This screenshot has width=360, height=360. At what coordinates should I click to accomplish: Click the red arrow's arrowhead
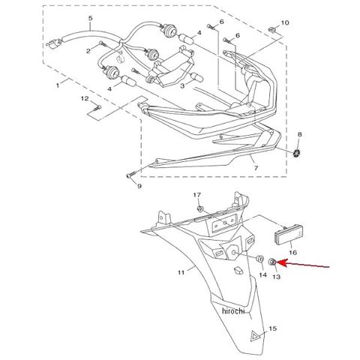pyautogui.click(x=281, y=263)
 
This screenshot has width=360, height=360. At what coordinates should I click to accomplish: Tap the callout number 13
pyautogui.click(x=276, y=277)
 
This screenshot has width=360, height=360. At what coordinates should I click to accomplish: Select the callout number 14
pyautogui.click(x=262, y=275)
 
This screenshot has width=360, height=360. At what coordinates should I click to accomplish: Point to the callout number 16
pyautogui.click(x=292, y=253)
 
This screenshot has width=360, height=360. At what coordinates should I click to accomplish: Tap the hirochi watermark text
pyautogui.click(x=233, y=310)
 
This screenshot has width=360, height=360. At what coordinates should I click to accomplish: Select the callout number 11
pyautogui.click(x=181, y=272)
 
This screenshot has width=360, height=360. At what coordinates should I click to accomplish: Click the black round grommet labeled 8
pyautogui.click(x=297, y=153)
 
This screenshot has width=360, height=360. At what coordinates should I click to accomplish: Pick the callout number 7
pyautogui.click(x=256, y=168)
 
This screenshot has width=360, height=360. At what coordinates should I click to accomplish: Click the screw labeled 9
pyautogui.click(x=130, y=174)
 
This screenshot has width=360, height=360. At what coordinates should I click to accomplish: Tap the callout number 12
pyautogui.click(x=85, y=98)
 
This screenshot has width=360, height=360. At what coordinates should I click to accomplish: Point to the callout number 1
pyautogui.click(x=58, y=85)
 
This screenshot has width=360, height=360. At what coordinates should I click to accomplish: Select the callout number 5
pyautogui.click(x=90, y=18)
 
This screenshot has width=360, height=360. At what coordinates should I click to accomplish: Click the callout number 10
pyautogui.click(x=285, y=23)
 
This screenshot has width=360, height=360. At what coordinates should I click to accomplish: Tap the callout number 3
pyautogui.click(x=182, y=86)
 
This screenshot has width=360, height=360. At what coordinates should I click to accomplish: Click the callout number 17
pyautogui.click(x=197, y=194)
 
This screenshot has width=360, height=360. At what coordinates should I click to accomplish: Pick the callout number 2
pyautogui.click(x=88, y=51)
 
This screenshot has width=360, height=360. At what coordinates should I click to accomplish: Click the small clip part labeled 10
pyautogui.click(x=273, y=31)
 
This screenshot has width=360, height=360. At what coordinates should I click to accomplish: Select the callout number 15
pyautogui.click(x=273, y=328)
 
